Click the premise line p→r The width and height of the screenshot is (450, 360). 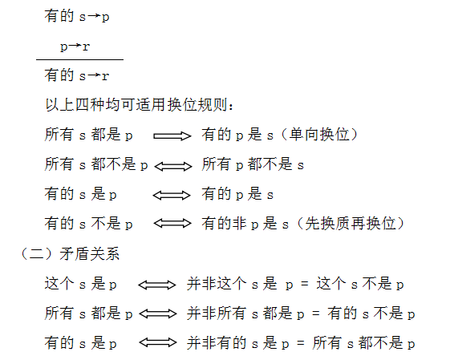pyautogui.click(x=75, y=46)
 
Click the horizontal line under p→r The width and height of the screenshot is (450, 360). pyautogui.click(x=79, y=59)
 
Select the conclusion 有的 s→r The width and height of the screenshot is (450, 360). pyautogui.click(x=77, y=75)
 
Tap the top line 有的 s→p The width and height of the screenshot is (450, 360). pyautogui.click(x=77, y=16)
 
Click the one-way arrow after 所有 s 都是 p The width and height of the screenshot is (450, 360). pyautogui.click(x=172, y=136)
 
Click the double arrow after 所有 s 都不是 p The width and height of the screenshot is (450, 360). pyautogui.click(x=173, y=166)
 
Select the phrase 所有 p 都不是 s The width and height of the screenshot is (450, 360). pyautogui.click(x=253, y=164)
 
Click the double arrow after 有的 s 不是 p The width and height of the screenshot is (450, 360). pyautogui.click(x=172, y=223)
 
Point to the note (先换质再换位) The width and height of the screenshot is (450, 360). pyautogui.click(x=351, y=224)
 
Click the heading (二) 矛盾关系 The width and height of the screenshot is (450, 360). pyautogui.click(x=69, y=254)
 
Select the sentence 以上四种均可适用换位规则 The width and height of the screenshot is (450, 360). pyautogui.click(x=140, y=105)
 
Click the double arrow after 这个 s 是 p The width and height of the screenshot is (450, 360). pyautogui.click(x=157, y=285)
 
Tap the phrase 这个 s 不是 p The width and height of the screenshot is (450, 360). pyautogui.click(x=360, y=284)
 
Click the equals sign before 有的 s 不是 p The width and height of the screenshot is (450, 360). pyautogui.click(x=316, y=313)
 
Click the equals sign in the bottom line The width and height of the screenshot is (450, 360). pyautogui.click(x=301, y=343)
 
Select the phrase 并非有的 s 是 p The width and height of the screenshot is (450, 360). pyautogui.click(x=238, y=343)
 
